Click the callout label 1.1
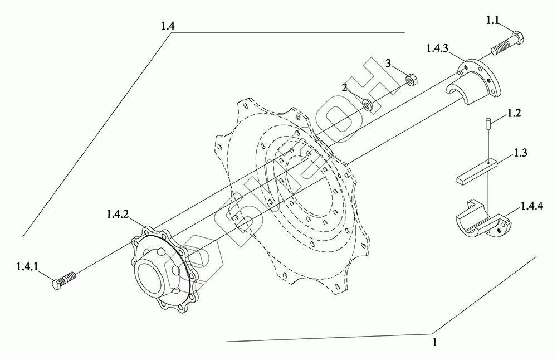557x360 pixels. click(493, 21)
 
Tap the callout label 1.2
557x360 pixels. click(514, 114)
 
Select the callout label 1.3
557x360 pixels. click(520, 153)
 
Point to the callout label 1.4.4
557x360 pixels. click(532, 206)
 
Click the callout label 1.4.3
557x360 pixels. click(437, 48)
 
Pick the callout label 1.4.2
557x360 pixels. click(118, 214)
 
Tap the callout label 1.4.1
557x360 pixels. click(27, 266)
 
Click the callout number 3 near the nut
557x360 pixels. click(388, 64)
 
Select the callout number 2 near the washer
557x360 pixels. click(344, 88)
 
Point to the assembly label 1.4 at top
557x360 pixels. click(168, 26)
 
